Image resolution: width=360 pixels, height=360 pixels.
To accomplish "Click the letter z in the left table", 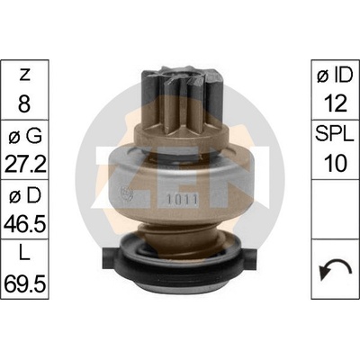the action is (24, 76).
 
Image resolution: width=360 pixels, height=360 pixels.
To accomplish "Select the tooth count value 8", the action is (24, 103).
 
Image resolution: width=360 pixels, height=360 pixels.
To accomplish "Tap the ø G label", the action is (25, 136).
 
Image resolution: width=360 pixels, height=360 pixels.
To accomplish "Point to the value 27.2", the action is (25, 164).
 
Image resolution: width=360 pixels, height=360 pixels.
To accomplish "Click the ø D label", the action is (25, 196).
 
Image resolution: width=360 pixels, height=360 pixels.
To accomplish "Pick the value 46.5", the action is (25, 224).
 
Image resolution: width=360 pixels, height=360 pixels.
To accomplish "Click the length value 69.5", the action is (25, 283).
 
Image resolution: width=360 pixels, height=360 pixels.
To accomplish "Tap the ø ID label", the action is (335, 75).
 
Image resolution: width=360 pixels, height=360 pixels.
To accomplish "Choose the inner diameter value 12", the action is (335, 103).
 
